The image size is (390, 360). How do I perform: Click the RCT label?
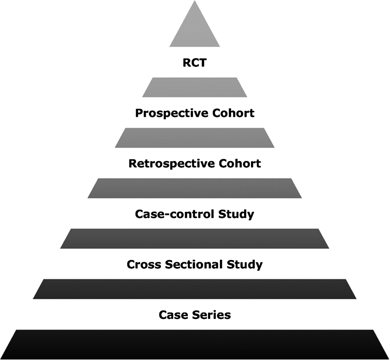pos(194,63)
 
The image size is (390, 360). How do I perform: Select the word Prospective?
pos(172,113)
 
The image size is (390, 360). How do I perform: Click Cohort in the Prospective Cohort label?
pos(233,113)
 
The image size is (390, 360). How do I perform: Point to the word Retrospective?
pos(172,164)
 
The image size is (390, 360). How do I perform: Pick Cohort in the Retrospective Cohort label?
pos(240,163)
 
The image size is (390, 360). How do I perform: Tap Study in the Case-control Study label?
pos(236,214)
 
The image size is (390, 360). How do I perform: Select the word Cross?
pos(144,264)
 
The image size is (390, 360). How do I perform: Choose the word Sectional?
pos(194,264)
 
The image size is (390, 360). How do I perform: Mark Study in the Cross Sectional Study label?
pos(245,265)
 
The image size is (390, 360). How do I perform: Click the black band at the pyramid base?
pos(194,344)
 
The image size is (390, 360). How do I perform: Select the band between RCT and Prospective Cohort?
pos(194,87)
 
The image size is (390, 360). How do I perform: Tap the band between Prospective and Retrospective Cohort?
pos(194,138)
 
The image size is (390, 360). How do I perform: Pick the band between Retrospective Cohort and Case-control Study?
pos(194,188)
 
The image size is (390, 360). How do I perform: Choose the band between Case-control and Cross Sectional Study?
pos(194,239)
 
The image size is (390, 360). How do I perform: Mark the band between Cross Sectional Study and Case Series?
pos(194,289)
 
